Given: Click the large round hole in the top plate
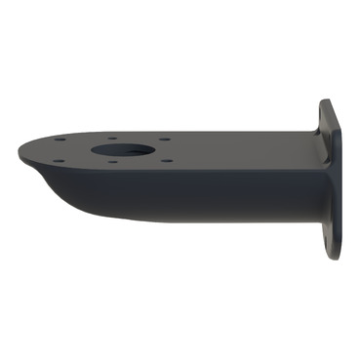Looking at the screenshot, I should [x=124, y=152].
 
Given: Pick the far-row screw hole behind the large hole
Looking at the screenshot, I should [x=115, y=138].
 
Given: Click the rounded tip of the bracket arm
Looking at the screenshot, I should [x=21, y=152].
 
